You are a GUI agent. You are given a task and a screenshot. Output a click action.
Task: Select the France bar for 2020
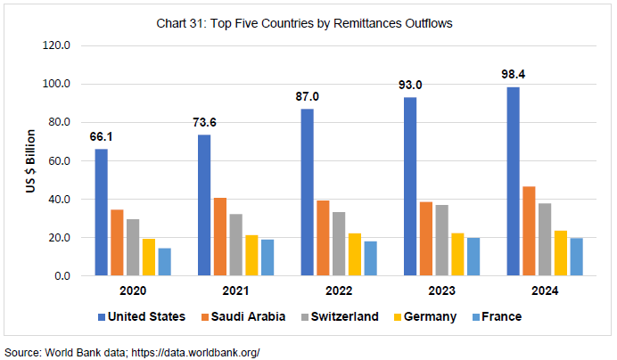(164, 262)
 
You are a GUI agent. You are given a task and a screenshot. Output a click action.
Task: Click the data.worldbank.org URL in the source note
(195, 352)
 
